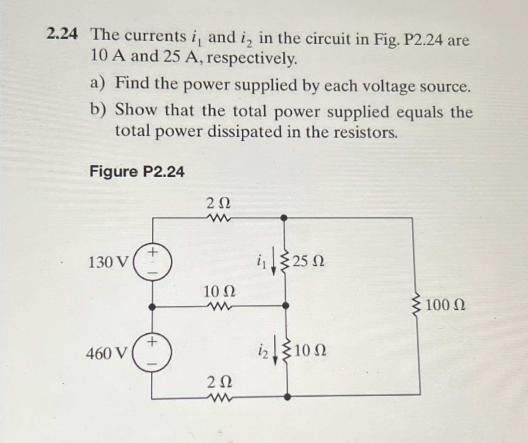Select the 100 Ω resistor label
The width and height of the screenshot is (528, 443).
[445, 305]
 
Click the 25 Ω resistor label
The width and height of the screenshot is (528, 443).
[308, 261]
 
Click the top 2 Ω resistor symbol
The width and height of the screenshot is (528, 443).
[219, 218]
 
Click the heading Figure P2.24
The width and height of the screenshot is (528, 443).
[137, 172]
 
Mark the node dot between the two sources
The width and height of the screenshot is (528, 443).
[152, 307]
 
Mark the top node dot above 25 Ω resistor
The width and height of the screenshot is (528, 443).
[284, 218]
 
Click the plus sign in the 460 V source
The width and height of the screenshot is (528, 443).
[152, 341]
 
